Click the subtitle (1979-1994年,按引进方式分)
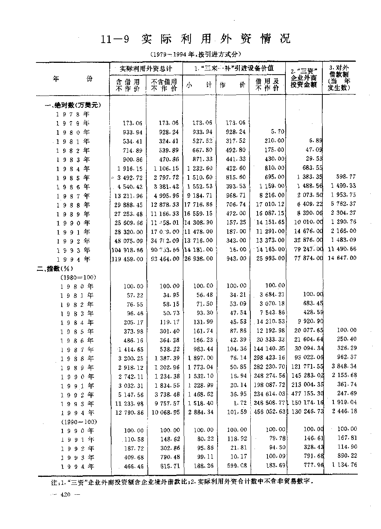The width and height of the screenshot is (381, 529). coord(196,54)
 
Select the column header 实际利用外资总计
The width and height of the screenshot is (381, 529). coord(146,69)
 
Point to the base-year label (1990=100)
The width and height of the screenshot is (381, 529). coord(79,422)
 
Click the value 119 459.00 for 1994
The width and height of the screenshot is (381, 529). coord(127,259)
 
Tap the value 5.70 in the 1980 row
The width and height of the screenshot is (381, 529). coord(276,132)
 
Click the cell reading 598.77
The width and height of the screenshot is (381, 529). coord(346,177)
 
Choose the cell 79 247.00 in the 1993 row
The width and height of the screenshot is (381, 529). coord(307,250)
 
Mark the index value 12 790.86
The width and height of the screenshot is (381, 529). coord(128,412)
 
